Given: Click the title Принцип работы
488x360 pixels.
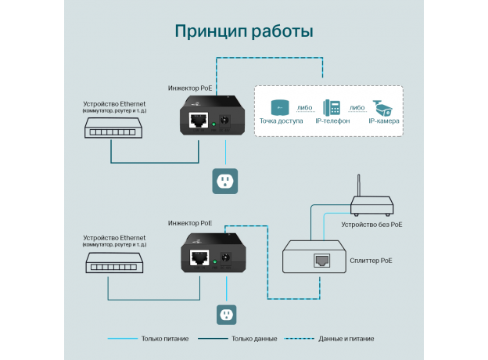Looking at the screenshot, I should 244,32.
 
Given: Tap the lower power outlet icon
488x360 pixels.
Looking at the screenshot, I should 227,314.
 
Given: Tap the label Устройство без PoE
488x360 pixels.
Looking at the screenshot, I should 371,225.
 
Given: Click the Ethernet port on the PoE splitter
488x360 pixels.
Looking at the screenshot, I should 321,260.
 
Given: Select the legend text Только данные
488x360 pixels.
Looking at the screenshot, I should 253,339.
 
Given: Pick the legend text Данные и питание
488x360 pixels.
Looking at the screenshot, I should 346,339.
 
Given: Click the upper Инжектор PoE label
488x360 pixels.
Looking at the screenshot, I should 189,89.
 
